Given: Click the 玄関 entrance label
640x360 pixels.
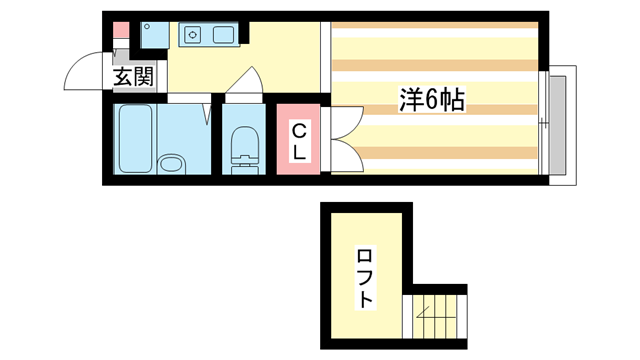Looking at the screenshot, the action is (x=132, y=77).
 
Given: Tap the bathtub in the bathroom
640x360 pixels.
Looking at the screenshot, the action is (x=134, y=139).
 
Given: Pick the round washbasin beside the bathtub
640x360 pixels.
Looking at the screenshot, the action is (x=173, y=162).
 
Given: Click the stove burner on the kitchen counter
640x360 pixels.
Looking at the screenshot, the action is (x=192, y=36).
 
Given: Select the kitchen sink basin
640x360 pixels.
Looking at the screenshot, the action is (x=222, y=36).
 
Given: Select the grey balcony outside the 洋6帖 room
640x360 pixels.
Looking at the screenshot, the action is (x=560, y=124).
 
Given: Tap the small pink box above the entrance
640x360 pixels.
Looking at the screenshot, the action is (x=120, y=30).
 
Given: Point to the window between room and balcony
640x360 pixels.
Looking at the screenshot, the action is (x=544, y=124).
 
